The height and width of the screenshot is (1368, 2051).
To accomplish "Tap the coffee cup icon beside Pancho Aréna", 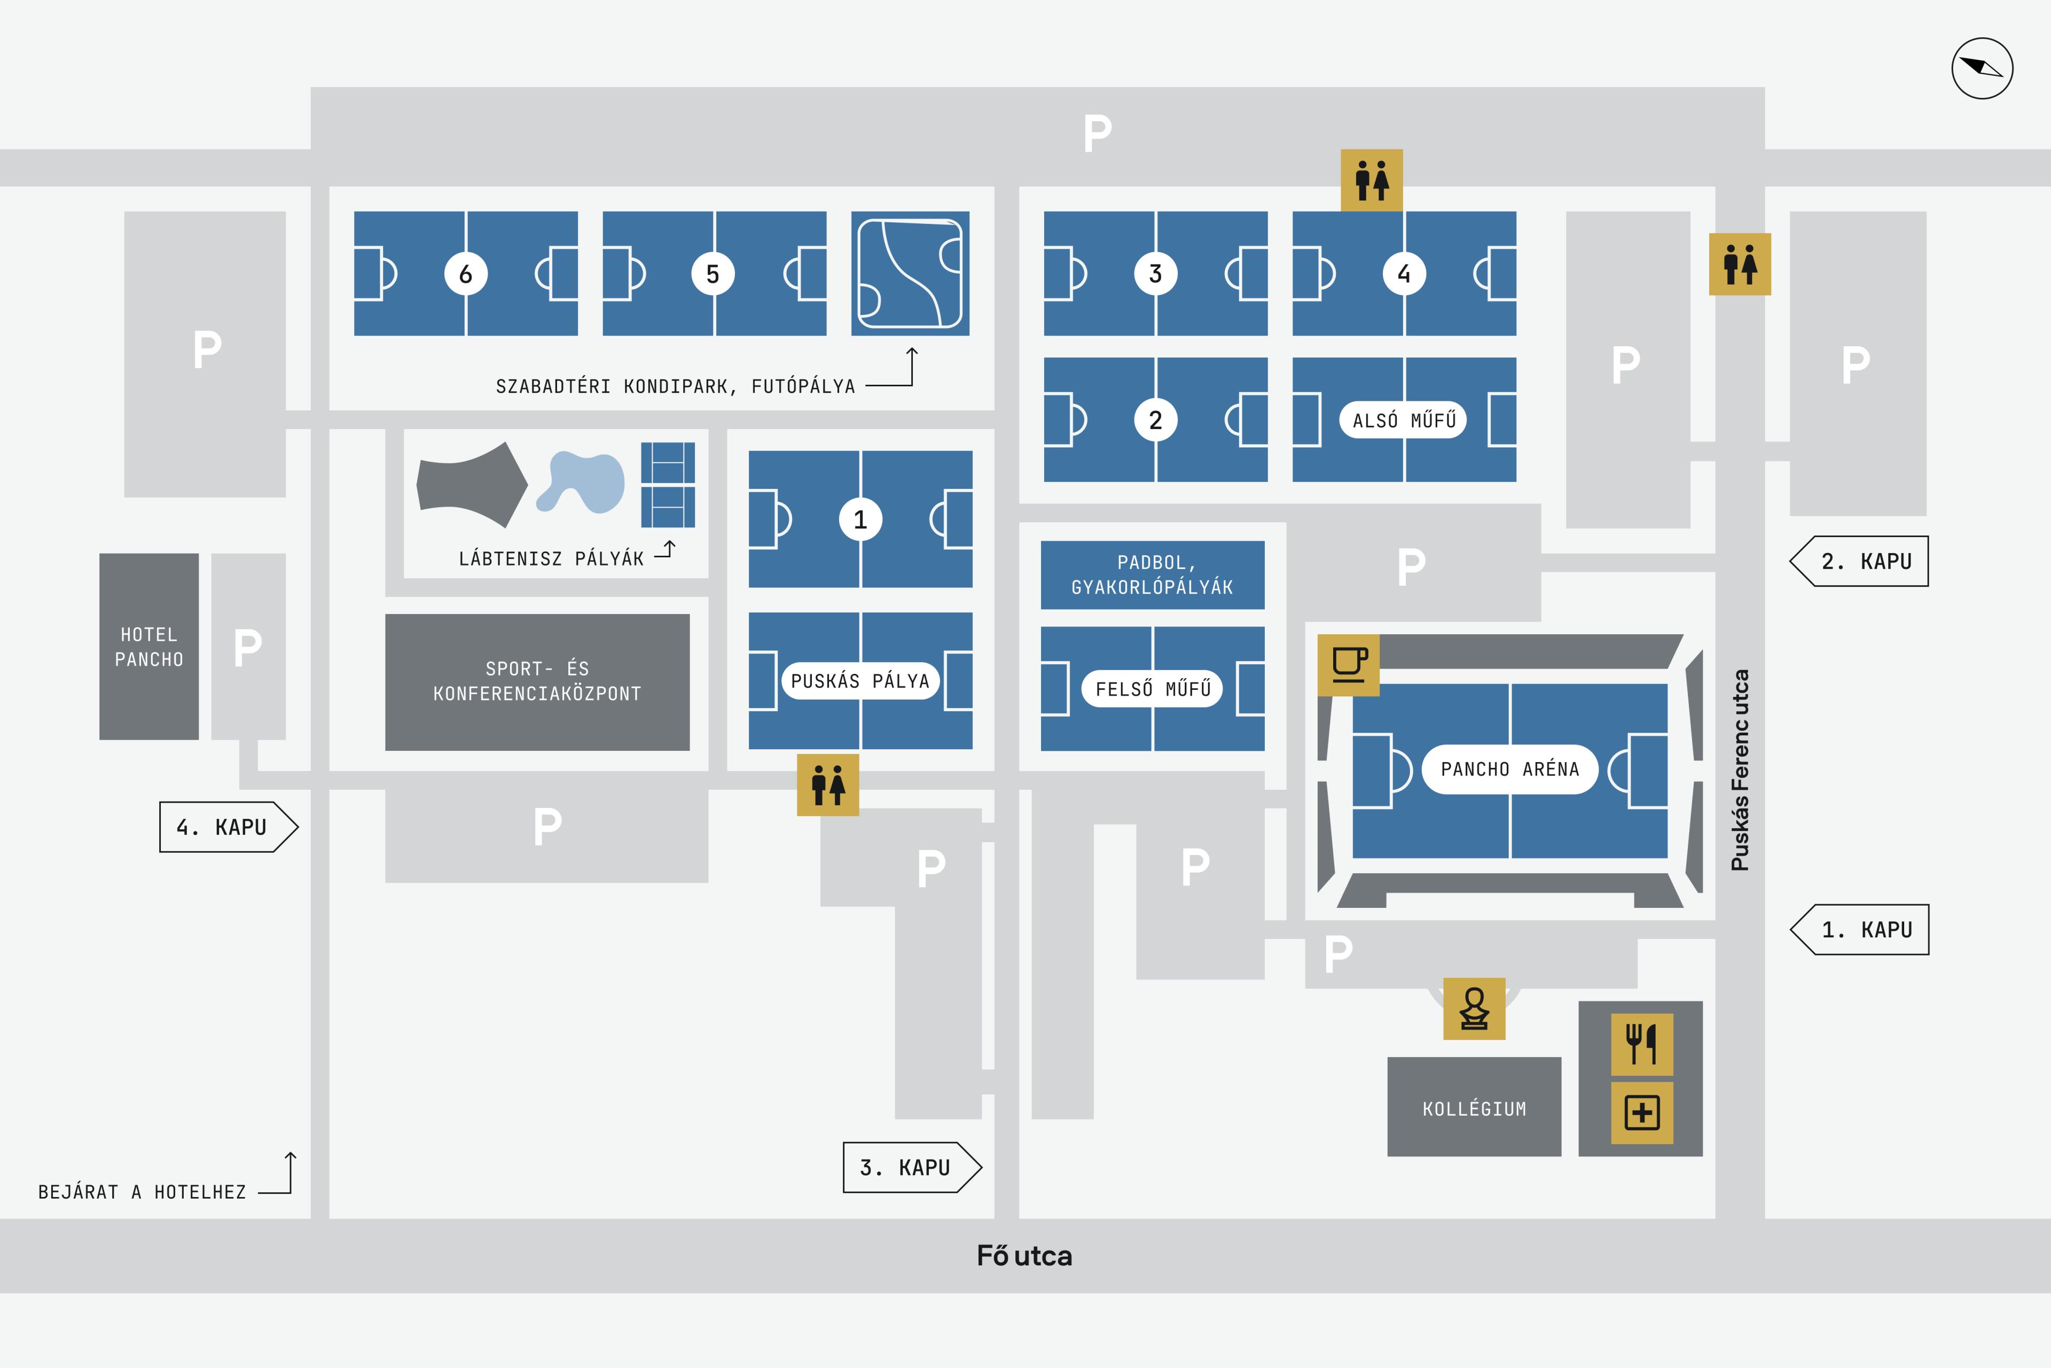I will [1348, 665].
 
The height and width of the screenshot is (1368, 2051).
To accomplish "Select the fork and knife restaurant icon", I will [1641, 1044].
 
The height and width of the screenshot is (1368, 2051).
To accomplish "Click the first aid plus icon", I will [1641, 1113].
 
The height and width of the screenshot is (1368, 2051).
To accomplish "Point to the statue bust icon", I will [1474, 1008].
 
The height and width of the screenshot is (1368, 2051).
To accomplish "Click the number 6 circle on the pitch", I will [466, 274].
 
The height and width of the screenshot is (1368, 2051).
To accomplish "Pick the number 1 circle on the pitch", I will [860, 519].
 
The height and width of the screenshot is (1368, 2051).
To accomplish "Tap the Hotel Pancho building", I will [149, 647].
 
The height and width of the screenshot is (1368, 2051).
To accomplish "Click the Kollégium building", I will [1474, 1108].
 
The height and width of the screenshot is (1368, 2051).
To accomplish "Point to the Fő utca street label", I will [1024, 1255].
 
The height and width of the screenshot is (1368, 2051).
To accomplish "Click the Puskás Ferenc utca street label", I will [1740, 770].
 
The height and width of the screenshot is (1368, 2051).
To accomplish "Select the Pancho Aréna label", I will [1509, 768].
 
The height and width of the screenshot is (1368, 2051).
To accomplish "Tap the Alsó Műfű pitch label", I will [1404, 419].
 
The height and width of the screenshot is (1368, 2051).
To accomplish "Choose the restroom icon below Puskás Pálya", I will [827, 784].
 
